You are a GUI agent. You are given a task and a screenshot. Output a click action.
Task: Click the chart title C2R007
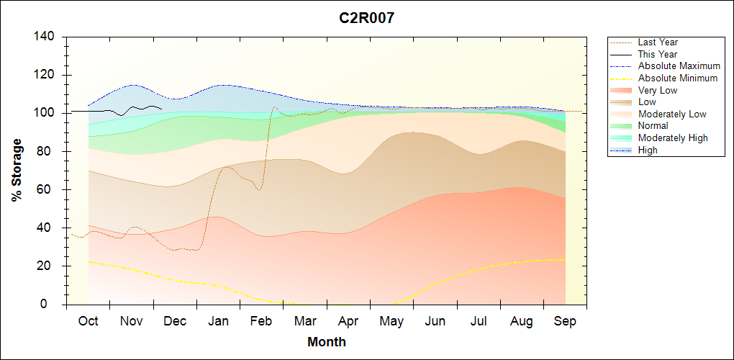(367, 18)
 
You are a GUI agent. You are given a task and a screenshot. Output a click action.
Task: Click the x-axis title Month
(326, 342)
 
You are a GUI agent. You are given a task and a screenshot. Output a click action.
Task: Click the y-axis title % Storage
(17, 171)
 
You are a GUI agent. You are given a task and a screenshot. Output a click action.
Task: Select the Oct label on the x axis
(88, 321)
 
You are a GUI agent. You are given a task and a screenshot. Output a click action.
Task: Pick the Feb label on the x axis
(261, 321)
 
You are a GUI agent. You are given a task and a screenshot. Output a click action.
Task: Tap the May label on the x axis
(391, 321)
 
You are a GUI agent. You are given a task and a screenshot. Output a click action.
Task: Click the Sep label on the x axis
(565, 321)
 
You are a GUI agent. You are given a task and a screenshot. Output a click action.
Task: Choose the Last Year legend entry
(658, 42)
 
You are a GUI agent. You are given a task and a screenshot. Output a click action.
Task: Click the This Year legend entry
(658, 54)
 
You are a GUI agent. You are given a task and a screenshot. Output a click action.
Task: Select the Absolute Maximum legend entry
(679, 66)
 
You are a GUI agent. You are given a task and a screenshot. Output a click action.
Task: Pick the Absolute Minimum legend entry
(678, 78)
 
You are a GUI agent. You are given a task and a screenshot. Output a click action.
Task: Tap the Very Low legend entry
(658, 90)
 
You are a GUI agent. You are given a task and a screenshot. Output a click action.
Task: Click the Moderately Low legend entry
(672, 114)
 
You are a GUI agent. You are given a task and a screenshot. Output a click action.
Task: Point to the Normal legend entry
(653, 126)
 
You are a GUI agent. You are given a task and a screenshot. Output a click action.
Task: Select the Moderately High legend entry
(673, 138)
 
